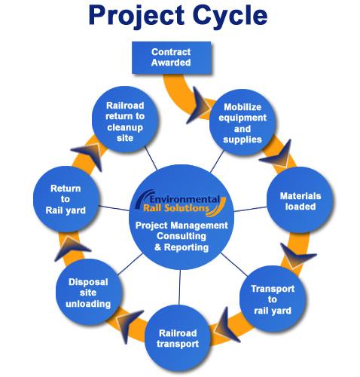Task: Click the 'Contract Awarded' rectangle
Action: coord(172,57)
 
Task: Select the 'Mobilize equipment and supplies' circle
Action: coord(243,122)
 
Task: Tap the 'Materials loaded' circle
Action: coord(300,200)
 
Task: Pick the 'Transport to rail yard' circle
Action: coord(273,299)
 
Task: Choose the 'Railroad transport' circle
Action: coord(178,338)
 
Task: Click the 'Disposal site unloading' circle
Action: coord(89,293)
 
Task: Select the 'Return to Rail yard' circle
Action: coord(66,199)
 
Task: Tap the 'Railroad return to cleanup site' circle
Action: coord(125,119)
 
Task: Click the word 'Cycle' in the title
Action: coord(230,15)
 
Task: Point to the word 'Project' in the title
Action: coord(136,17)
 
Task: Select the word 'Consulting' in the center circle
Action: coord(182,236)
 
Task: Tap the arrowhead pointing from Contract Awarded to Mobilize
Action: coord(200,106)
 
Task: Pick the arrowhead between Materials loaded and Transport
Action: coord(297,255)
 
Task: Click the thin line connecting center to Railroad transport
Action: coord(180,287)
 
